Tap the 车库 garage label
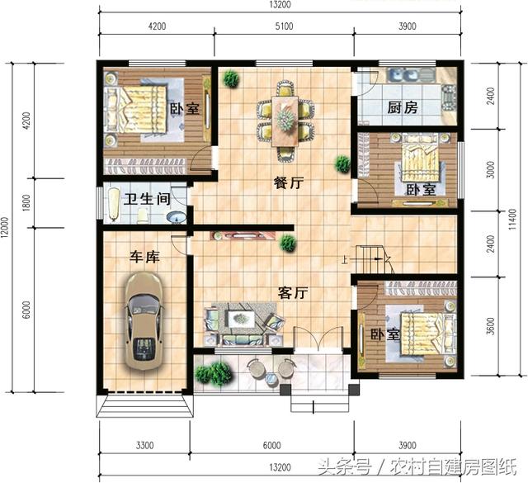pyautogui.click(x=144, y=257)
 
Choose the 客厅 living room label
pyautogui.click(x=292, y=292)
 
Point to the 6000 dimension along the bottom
pyautogui.click(x=272, y=446)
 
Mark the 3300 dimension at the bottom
pyautogui.click(x=144, y=446)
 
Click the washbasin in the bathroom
pyautogui.click(x=176, y=217)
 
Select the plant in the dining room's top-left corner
pyautogui.click(x=231, y=79)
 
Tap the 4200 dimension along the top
pyautogui.click(x=157, y=26)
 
